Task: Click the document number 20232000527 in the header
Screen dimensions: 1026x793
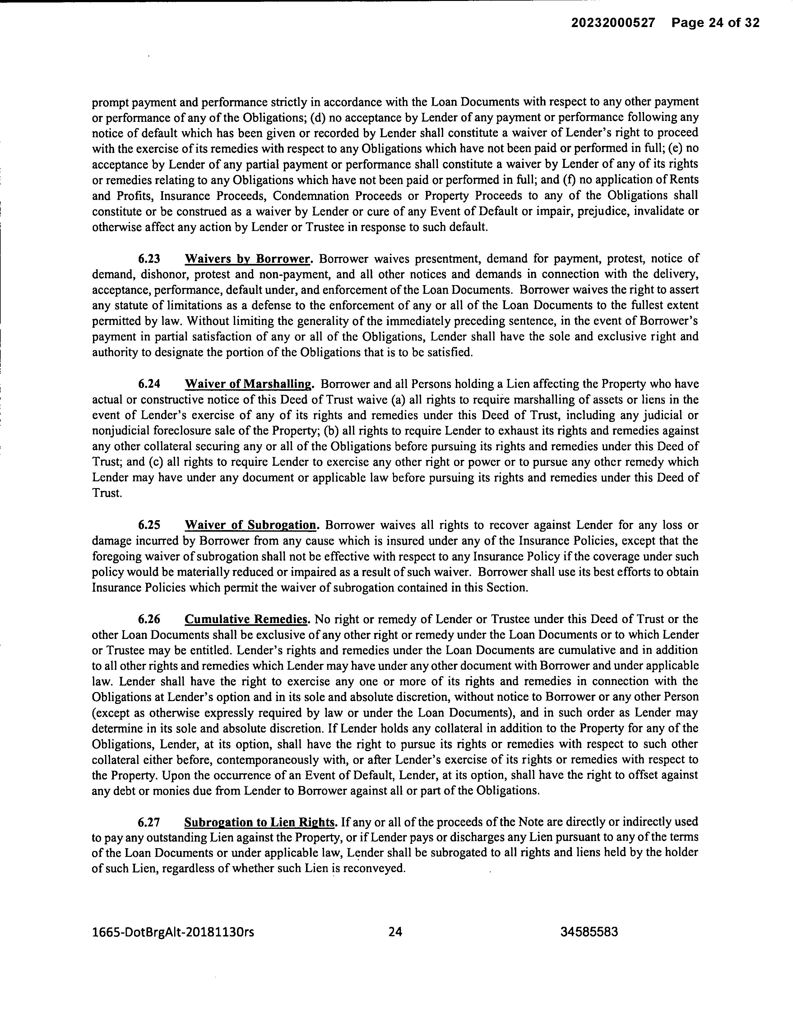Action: point(613,23)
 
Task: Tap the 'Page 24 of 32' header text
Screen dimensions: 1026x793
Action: point(715,23)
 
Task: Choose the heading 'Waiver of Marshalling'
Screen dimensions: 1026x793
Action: point(248,384)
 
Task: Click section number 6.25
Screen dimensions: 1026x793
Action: point(149,525)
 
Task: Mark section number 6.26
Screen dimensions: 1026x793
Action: point(149,619)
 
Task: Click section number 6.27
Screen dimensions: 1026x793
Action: point(149,822)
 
